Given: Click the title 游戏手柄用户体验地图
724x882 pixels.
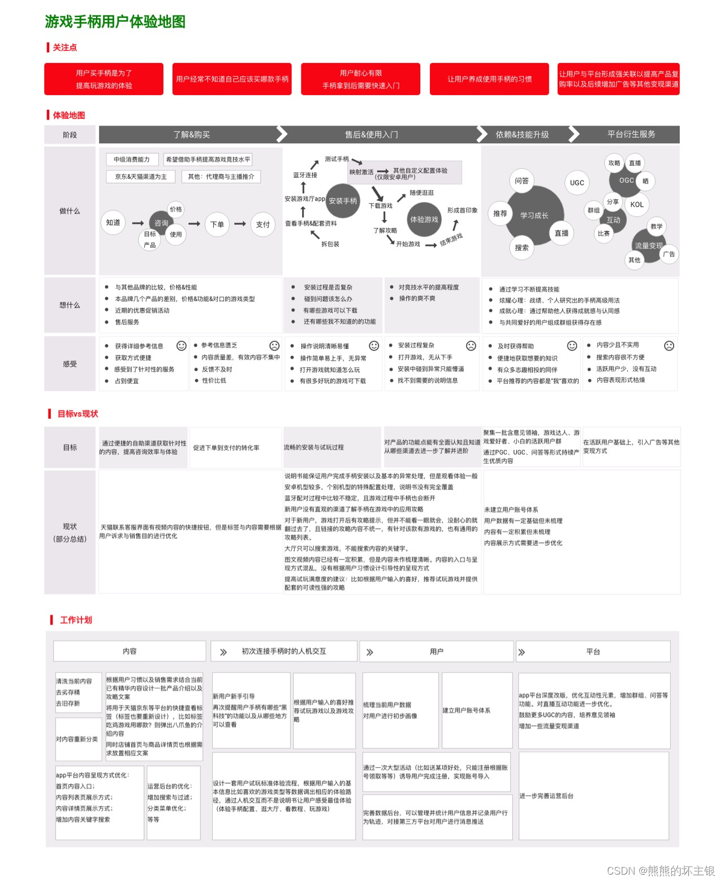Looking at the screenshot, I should click(115, 22).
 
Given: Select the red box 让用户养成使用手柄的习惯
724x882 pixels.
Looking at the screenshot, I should click(489, 79).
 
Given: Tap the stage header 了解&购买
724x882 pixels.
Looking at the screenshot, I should click(191, 135).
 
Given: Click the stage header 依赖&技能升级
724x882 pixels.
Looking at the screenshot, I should click(522, 135).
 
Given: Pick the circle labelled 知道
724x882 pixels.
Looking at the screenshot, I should click(113, 223).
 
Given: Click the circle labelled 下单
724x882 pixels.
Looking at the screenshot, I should click(217, 224).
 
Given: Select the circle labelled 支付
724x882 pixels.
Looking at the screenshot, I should click(263, 224).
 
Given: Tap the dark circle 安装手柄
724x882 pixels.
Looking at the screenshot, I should click(343, 201).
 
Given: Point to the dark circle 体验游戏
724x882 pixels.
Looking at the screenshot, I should click(424, 220).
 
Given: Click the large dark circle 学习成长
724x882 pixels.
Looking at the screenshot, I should click(534, 216).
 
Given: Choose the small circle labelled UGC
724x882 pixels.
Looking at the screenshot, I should click(577, 183).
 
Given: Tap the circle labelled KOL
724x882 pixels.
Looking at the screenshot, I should click(637, 205).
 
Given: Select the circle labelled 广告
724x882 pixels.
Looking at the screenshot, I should click(669, 254).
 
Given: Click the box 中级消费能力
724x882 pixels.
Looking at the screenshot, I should click(132, 160).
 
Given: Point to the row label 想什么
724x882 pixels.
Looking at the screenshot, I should click(70, 305).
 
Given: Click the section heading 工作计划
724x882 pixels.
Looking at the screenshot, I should click(76, 620).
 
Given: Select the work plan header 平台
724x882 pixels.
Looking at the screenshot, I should click(593, 652).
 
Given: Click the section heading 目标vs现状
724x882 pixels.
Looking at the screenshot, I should click(77, 414).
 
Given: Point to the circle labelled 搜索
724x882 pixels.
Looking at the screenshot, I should click(522, 248).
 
